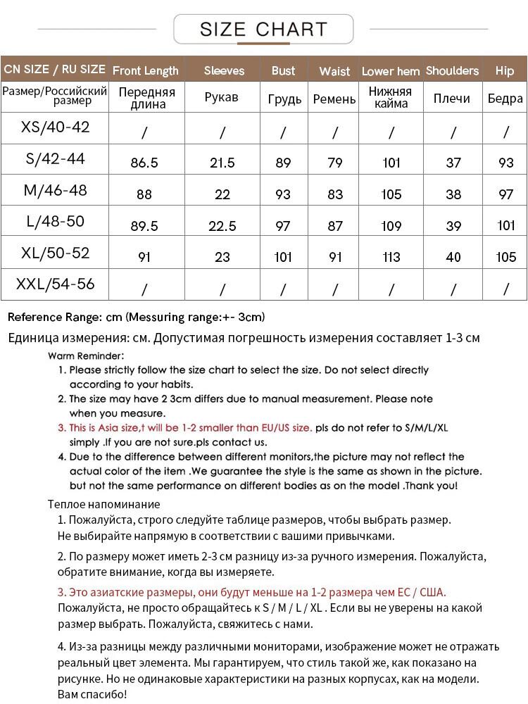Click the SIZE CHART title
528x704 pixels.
coord(263,30)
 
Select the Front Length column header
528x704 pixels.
coord(146,70)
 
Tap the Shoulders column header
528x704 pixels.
coord(452,70)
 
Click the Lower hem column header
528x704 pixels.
coord(391,71)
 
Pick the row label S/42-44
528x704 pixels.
coord(55,159)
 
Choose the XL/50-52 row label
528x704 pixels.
coord(56,253)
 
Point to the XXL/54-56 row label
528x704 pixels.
coord(56,284)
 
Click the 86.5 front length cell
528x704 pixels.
coord(144,163)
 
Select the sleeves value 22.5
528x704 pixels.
coord(222,225)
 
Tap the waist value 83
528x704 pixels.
coord(335,194)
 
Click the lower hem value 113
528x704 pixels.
coord(391,257)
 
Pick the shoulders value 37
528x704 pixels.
coord(453,163)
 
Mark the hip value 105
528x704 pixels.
coord(505,257)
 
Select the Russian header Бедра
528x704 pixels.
coord(505,99)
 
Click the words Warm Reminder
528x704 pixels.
coord(87,356)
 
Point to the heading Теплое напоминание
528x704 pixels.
coord(104,504)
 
